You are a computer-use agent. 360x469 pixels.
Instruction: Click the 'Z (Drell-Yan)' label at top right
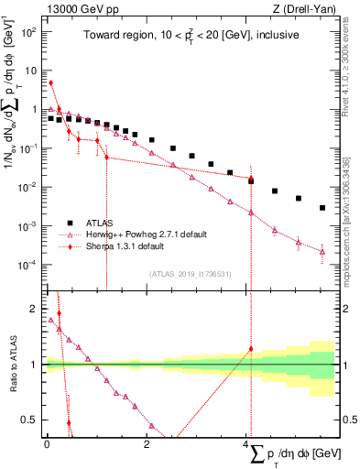tap(309, 8)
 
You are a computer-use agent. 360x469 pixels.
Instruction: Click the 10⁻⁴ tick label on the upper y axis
tap(28, 265)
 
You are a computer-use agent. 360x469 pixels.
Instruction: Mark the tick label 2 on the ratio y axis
tap(36, 309)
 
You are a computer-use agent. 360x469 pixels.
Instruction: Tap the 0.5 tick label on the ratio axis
tap(32, 420)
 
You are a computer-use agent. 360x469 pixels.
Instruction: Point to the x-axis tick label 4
tap(247, 443)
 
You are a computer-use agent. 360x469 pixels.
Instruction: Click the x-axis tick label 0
tap(46, 443)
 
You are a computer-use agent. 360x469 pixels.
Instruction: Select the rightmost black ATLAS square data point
tap(322, 208)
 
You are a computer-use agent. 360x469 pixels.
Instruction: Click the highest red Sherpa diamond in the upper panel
tap(50, 82)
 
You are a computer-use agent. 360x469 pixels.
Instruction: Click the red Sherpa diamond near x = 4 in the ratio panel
tap(251, 348)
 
